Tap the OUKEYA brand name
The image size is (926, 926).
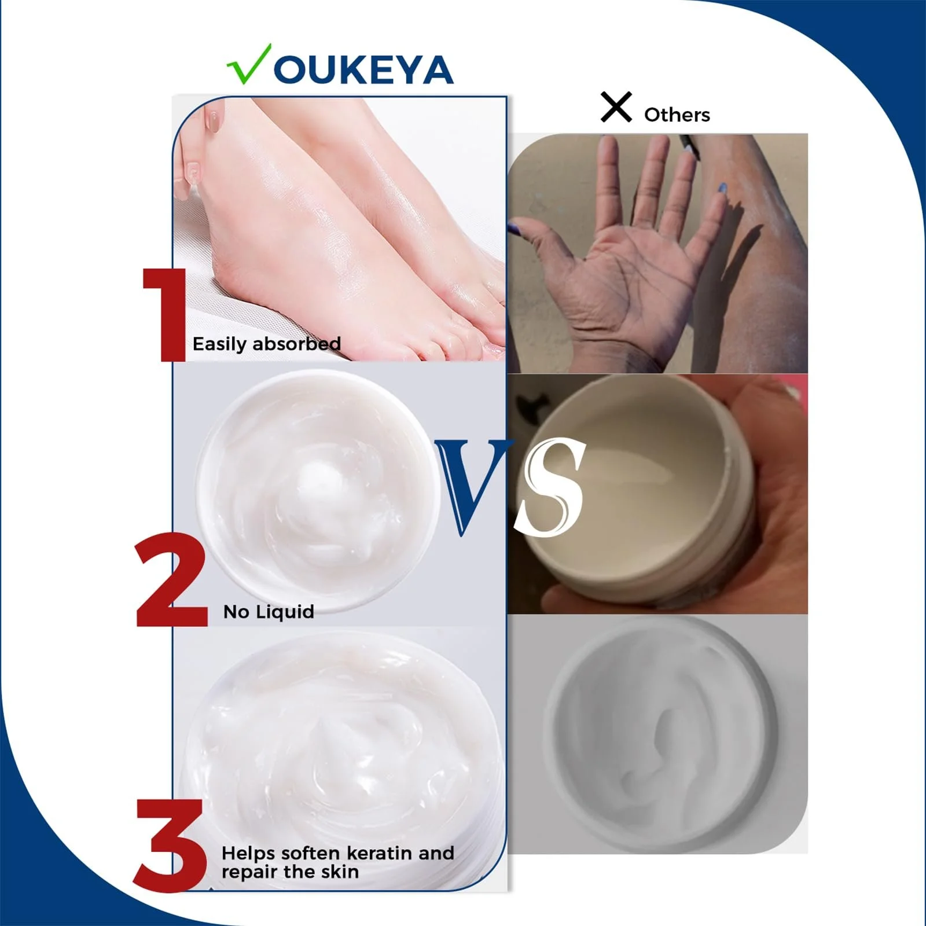pos(363,71)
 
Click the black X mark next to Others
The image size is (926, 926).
pos(616,107)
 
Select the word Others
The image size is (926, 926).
pos(677,115)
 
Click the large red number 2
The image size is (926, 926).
pos(172,580)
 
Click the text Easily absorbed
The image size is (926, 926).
pos(266,344)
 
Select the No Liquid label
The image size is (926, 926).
pos(269,612)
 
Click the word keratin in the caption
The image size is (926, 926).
pos(381,853)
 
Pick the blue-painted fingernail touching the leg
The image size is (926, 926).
pos(722,188)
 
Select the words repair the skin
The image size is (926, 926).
pos(290,872)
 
